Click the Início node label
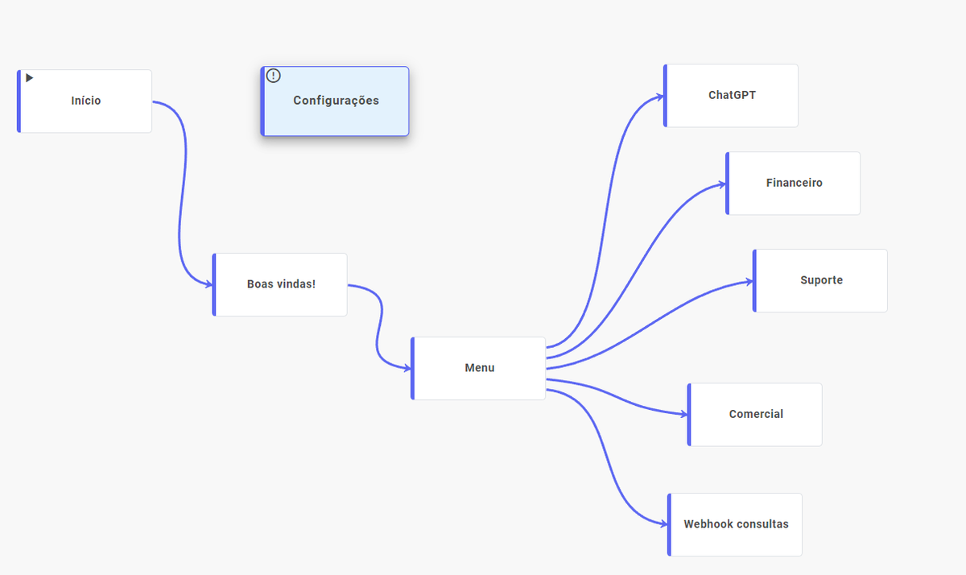(x=86, y=101)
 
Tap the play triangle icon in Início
(x=29, y=77)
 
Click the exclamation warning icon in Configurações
(x=274, y=76)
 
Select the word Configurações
(x=336, y=101)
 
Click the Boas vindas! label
(x=281, y=283)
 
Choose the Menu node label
(x=480, y=367)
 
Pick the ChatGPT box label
(x=732, y=95)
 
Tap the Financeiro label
(x=794, y=183)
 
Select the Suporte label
(x=821, y=280)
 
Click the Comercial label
(x=756, y=414)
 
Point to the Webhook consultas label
(x=736, y=523)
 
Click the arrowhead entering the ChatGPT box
(x=660, y=97)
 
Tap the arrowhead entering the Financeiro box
(x=722, y=184)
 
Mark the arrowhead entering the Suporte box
(x=749, y=282)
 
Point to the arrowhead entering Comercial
(x=683, y=415)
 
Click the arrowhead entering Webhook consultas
(x=663, y=524)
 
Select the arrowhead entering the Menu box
(x=407, y=368)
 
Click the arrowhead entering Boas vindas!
(x=208, y=284)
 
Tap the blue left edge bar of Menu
(x=413, y=368)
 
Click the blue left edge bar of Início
(x=19, y=101)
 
